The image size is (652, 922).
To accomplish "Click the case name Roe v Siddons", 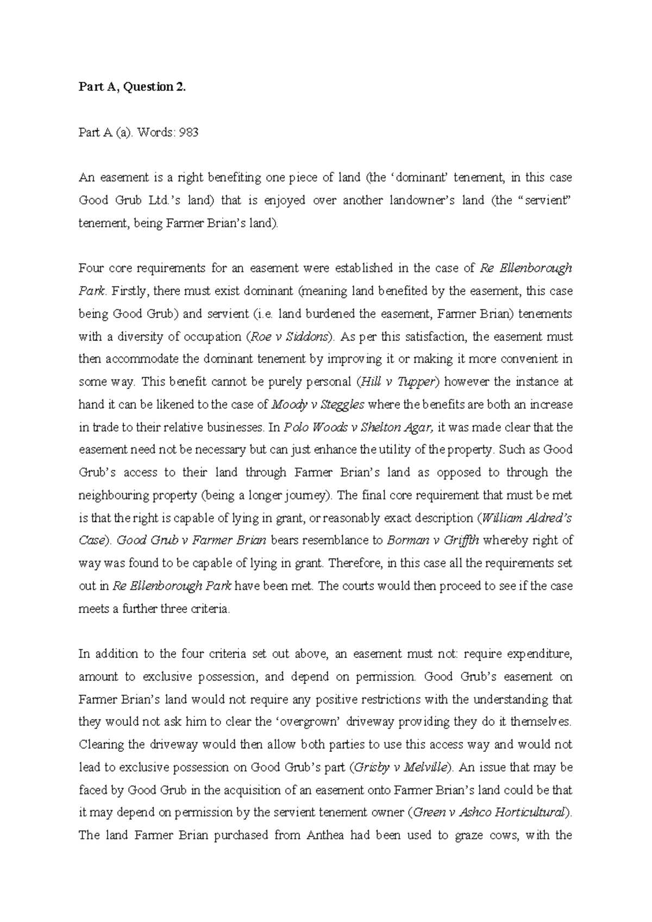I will tap(289, 337).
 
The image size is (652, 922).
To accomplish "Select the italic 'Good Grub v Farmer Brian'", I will tap(192, 541).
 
